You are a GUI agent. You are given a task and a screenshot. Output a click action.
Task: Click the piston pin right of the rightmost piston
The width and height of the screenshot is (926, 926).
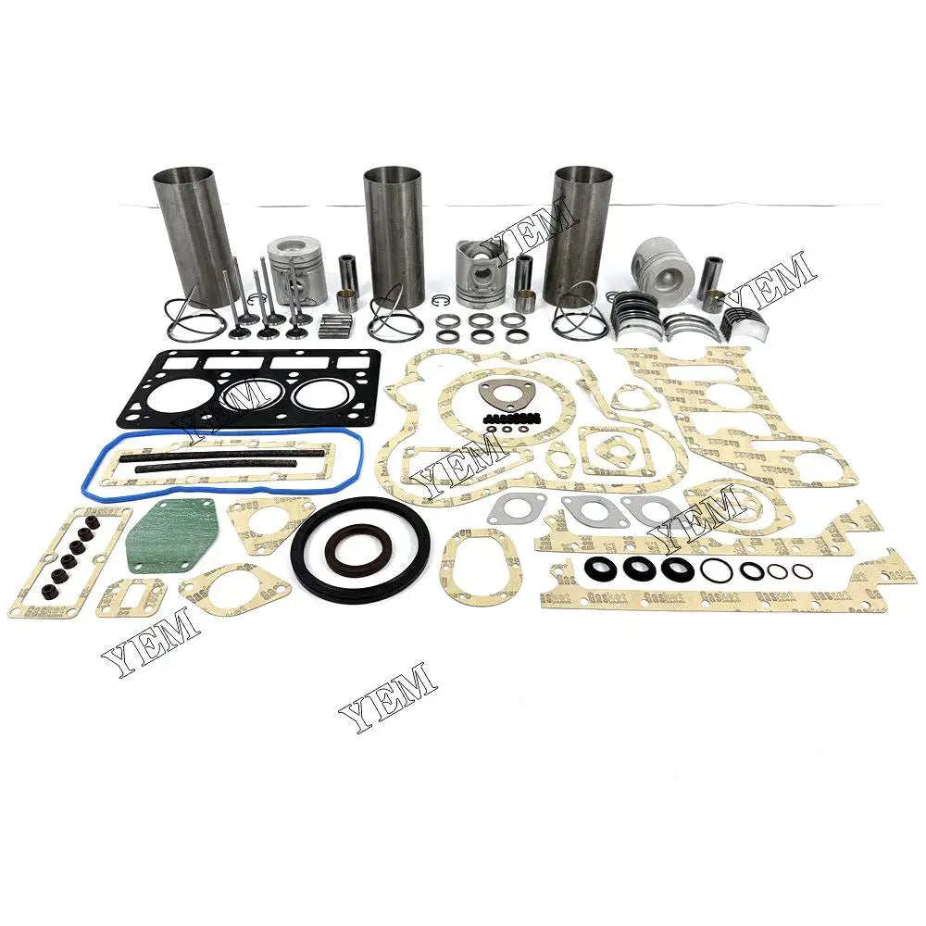point(711,274)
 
